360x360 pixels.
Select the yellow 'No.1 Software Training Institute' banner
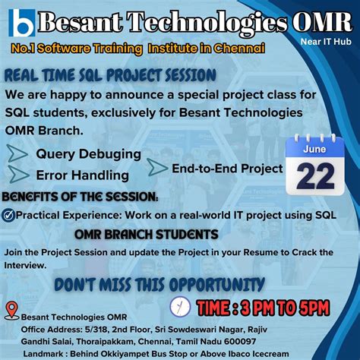(138, 49)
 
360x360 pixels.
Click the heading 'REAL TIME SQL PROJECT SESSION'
(110, 75)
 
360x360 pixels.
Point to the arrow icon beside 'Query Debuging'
(17, 155)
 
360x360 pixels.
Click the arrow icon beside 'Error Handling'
(17, 175)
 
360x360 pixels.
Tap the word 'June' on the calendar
(315, 150)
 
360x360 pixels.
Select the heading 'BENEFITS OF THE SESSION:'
(80, 197)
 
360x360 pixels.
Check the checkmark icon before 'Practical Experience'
(8, 216)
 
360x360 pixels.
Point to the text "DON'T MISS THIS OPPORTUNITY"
(159, 285)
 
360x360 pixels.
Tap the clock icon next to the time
(181, 306)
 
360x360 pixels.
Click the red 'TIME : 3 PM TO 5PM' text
(263, 308)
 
